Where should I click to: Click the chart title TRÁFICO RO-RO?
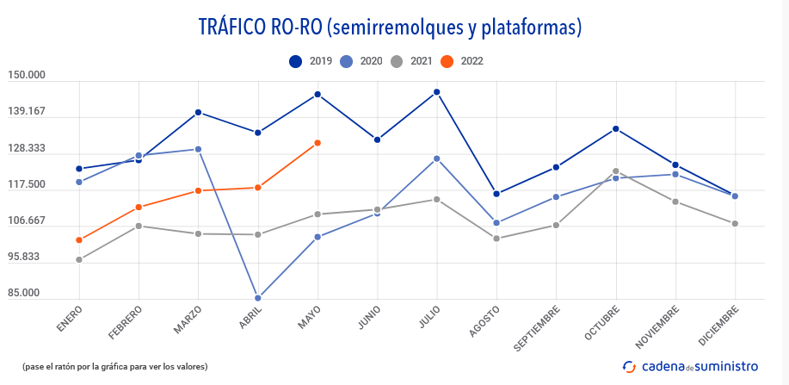[390, 28]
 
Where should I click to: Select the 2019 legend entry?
[311, 61]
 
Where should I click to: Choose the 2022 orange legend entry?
[461, 61]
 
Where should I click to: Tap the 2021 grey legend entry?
[410, 61]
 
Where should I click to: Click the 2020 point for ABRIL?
[258, 298]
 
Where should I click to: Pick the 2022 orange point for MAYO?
[317, 143]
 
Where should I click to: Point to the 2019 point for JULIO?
[437, 92]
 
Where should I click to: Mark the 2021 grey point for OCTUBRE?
[616, 171]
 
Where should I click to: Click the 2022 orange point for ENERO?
[79, 240]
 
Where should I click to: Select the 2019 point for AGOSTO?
[496, 194]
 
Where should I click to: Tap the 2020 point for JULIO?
[437, 158]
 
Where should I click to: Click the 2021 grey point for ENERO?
[79, 260]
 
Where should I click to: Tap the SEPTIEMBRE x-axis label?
[537, 327]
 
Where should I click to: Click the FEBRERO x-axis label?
[126, 321]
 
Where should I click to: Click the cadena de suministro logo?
[691, 366]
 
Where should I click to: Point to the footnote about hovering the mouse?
[114, 366]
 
